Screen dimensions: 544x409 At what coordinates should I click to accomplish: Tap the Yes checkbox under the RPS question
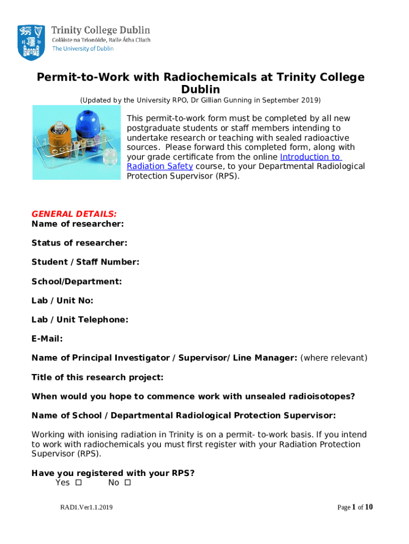tap(78, 483)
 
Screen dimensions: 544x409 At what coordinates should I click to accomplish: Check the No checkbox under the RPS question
tap(127, 483)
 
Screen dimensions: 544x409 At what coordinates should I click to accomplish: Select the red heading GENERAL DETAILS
tap(74, 214)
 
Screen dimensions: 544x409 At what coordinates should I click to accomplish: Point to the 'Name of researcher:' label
tap(78, 224)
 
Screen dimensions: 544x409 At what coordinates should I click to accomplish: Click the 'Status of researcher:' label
tap(79, 243)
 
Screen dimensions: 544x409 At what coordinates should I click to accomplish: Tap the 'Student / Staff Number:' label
tap(85, 262)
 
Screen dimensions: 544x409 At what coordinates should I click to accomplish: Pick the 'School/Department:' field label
tap(76, 281)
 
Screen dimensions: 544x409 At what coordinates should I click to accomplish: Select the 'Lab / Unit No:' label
tap(62, 300)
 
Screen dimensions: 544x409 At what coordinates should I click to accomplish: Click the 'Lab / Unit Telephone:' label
tap(80, 319)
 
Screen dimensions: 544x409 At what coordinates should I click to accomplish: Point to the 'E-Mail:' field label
tap(47, 338)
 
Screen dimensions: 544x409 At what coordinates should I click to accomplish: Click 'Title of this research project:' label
tap(97, 377)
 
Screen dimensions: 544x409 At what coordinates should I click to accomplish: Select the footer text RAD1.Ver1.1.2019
tap(86, 508)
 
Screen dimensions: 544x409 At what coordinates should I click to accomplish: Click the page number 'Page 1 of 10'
tap(355, 507)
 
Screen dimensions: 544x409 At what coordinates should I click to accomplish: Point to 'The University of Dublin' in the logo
tap(82, 48)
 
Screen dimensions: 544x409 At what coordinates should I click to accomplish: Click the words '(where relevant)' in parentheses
tap(334, 358)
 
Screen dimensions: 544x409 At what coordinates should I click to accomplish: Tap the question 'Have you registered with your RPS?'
tap(113, 473)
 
